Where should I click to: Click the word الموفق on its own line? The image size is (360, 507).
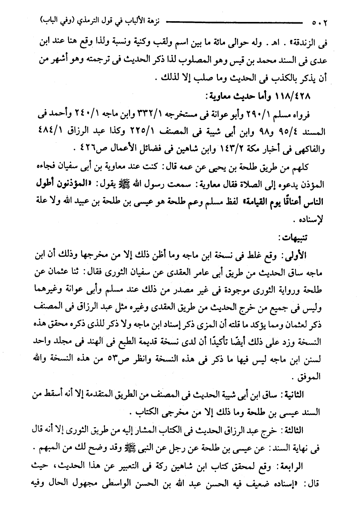coord(309,377)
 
